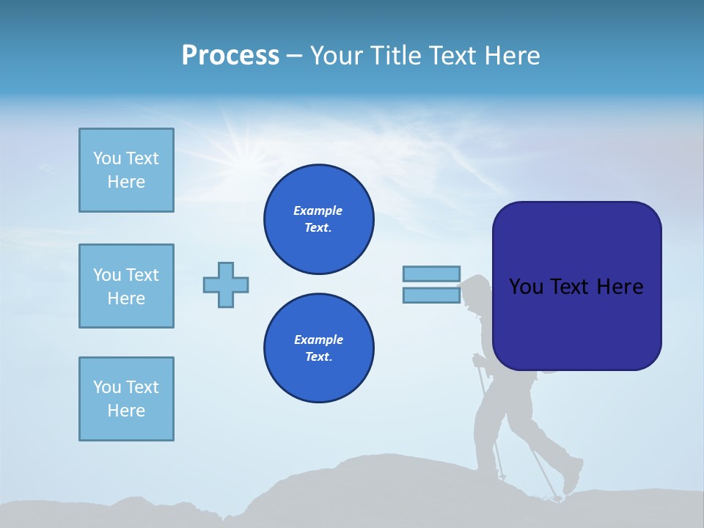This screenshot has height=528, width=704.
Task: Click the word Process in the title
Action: click(230, 56)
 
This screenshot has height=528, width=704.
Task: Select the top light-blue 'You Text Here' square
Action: click(126, 170)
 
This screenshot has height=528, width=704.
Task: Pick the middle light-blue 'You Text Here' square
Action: click(126, 286)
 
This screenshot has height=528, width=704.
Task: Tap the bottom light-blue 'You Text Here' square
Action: click(126, 399)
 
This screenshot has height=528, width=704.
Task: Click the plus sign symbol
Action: click(226, 285)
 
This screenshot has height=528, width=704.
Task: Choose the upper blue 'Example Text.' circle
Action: click(319, 219)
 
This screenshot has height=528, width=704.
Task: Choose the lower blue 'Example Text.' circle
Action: click(319, 348)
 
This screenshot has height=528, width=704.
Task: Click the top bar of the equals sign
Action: click(431, 274)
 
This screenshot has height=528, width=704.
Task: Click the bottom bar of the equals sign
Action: click(431, 296)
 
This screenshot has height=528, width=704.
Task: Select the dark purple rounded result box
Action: click(576, 286)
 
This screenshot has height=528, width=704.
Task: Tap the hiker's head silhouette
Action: click(477, 290)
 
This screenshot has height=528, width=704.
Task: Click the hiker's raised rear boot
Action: click(572, 477)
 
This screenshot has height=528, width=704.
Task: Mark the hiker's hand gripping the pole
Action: click(479, 360)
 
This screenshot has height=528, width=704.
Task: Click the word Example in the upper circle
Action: click(318, 210)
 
